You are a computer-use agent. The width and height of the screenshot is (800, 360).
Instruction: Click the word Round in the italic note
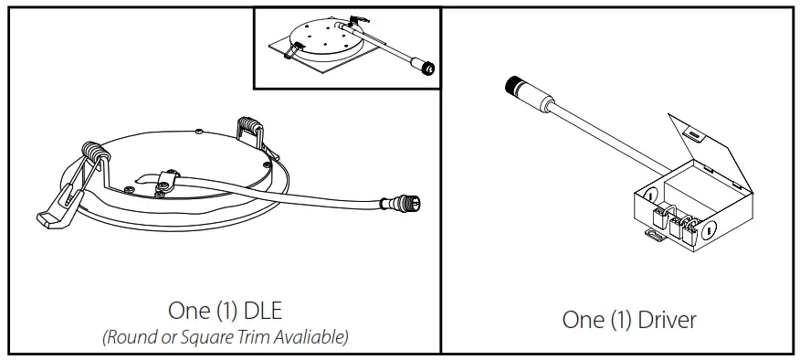click(x=129, y=336)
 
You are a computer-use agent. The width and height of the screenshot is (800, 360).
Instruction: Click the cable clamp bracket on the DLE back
click(x=165, y=182)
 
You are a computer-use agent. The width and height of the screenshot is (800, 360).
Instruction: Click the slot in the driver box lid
click(x=696, y=136)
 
